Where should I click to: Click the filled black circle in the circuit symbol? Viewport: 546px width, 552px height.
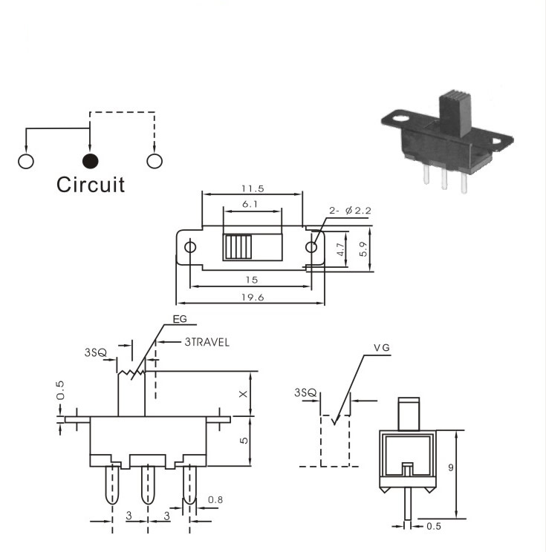[x=90, y=161]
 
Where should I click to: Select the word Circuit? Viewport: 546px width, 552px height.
[x=91, y=185]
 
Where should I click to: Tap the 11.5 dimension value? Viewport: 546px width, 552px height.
[x=253, y=188]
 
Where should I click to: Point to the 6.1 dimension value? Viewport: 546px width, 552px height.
[x=250, y=204]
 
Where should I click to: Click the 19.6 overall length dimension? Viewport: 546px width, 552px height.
[x=253, y=298]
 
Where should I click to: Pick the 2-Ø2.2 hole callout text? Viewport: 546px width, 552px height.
[x=350, y=211]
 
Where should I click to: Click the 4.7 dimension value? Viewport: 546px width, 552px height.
[x=340, y=249]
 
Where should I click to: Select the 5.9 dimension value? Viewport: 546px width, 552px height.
[x=364, y=249]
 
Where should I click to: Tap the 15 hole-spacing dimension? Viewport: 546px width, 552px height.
[x=252, y=280]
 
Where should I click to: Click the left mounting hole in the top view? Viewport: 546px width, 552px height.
[x=190, y=247]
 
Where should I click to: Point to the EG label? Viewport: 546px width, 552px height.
[x=180, y=319]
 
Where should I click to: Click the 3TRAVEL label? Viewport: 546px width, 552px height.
[x=207, y=342]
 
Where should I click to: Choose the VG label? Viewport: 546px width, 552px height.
[x=382, y=348]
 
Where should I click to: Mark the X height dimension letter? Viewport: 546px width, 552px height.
[x=243, y=394]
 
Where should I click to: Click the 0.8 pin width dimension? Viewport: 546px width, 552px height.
[x=215, y=499]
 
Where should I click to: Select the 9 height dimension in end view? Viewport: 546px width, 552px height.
[x=451, y=467]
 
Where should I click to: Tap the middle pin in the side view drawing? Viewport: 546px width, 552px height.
[x=148, y=484]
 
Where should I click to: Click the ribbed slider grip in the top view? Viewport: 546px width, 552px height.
[x=238, y=247]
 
